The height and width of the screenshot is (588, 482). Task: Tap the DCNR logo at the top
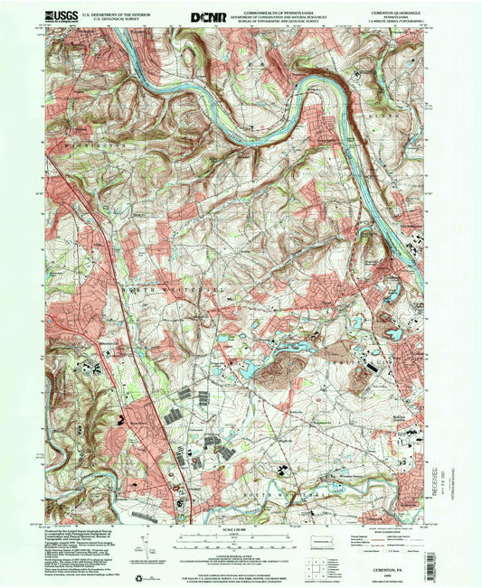click(203, 16)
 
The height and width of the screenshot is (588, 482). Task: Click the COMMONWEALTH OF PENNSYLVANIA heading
click(273, 10)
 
